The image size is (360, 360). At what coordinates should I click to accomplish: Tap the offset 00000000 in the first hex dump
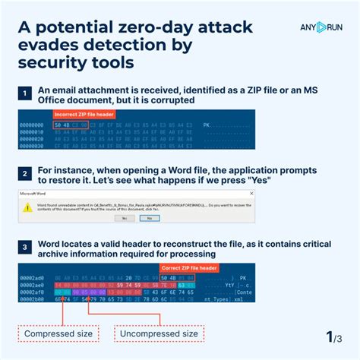click(x=32, y=125)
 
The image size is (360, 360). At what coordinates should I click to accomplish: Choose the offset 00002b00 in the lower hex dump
click(x=32, y=298)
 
